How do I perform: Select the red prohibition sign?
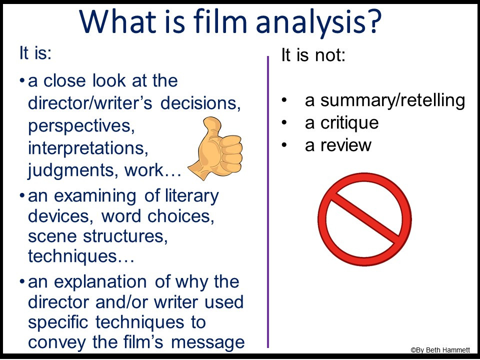click(x=364, y=219)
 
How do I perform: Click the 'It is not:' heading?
click(x=313, y=55)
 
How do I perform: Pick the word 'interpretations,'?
click(x=88, y=148)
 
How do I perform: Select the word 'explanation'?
click(x=105, y=281)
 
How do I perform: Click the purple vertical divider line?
click(x=268, y=200)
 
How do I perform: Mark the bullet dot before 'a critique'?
click(x=284, y=123)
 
